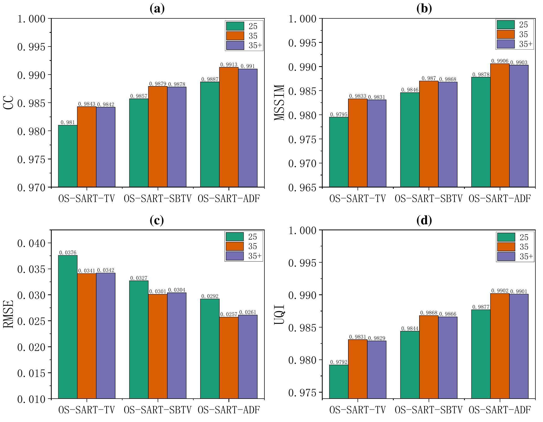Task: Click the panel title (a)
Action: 157,9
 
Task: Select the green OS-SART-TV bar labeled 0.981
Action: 68,156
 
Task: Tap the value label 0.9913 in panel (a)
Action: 228,65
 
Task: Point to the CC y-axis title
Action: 8,103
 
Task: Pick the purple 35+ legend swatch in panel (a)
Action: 235,45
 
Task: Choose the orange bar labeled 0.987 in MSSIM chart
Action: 429,134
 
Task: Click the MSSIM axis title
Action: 279,103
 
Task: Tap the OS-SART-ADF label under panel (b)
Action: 500,199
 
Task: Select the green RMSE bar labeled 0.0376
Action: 68,327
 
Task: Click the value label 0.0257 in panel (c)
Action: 228,314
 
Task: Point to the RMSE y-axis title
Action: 8,314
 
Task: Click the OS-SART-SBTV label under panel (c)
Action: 158,410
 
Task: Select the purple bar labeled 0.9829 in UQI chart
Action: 377,369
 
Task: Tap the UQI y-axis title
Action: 279,314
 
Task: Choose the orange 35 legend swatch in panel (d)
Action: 506,247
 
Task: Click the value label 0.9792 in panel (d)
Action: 339,362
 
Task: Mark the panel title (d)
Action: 424,221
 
